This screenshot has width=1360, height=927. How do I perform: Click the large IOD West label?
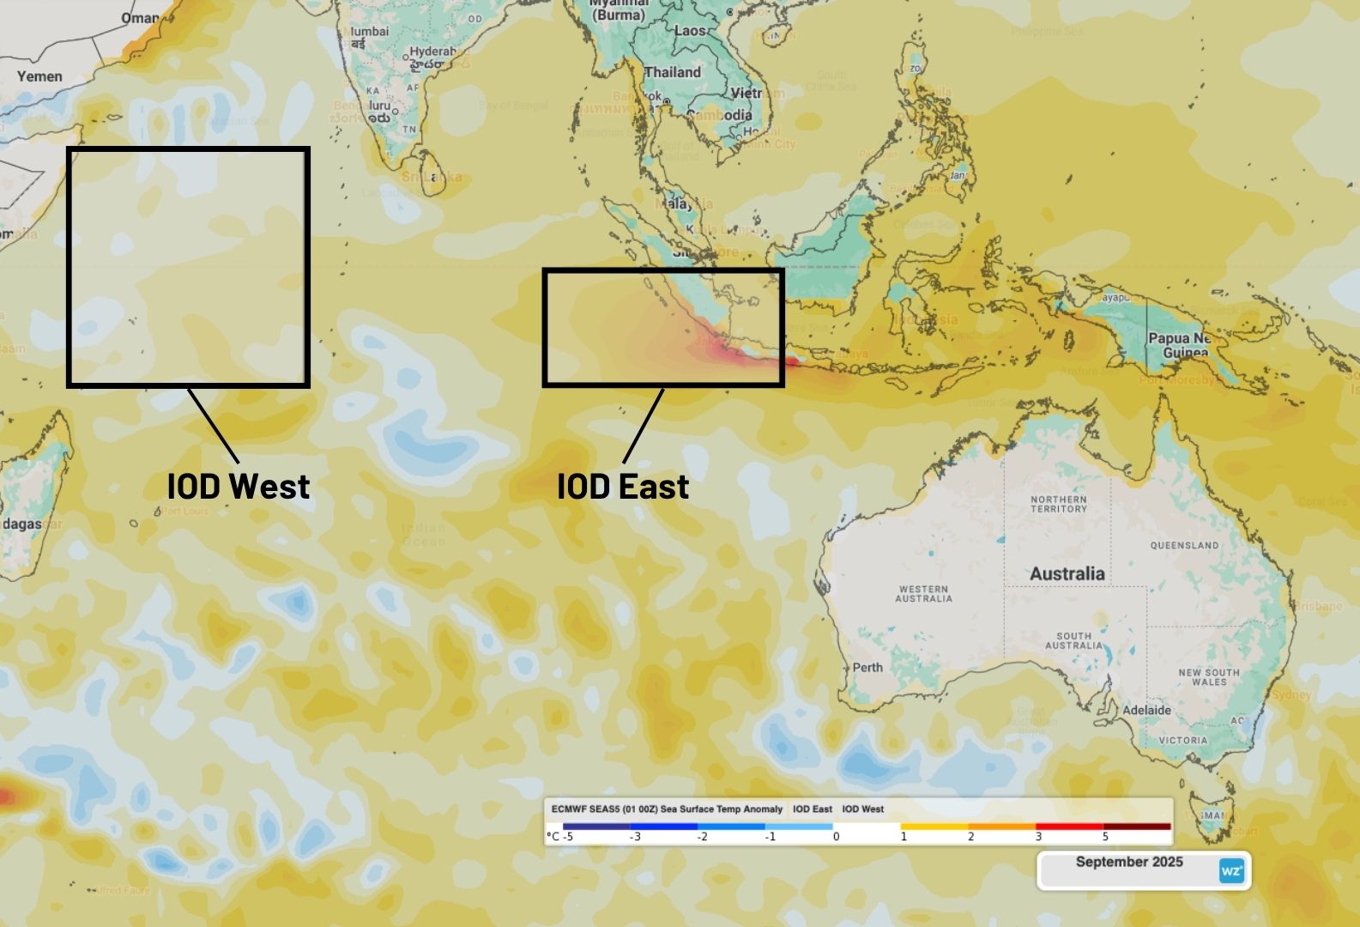click(239, 486)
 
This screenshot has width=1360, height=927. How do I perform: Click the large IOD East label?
click(623, 487)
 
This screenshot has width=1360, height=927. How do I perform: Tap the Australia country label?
click(1067, 573)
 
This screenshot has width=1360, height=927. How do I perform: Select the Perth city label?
click(867, 667)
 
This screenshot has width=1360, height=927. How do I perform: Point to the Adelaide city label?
click(1147, 710)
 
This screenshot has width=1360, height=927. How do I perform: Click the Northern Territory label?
click(1058, 504)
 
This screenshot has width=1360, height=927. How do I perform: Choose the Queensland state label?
click(1184, 545)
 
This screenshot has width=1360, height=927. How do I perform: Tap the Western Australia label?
click(923, 594)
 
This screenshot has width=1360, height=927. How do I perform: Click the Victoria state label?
click(1182, 740)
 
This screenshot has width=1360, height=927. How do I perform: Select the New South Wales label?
click(1208, 676)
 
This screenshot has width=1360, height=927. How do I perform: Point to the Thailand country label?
click(673, 72)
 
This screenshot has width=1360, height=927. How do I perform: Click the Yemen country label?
click(39, 76)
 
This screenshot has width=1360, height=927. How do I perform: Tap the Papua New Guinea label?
click(1180, 345)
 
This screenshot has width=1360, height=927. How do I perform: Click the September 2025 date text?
click(1129, 862)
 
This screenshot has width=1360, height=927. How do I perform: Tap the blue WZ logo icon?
click(1231, 871)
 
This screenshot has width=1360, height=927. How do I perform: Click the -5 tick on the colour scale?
click(568, 836)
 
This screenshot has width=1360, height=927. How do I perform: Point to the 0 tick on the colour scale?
click(837, 836)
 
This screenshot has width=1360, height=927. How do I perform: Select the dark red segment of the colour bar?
click(1137, 827)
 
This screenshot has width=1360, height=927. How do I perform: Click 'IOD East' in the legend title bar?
click(812, 809)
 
